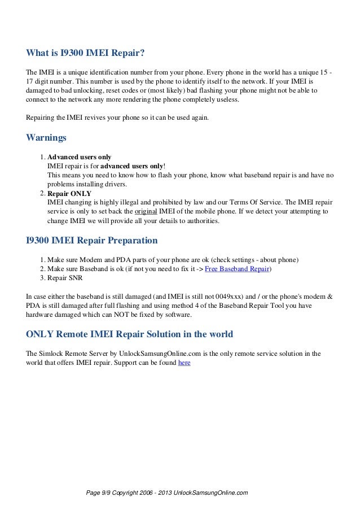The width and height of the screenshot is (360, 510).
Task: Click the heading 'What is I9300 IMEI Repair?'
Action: [86, 54]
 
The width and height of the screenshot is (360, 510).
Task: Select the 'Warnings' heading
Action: [47, 137]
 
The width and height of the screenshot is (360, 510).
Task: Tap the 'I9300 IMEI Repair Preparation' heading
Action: [92, 241]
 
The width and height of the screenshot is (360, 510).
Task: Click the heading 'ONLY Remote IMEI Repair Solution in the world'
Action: [129, 334]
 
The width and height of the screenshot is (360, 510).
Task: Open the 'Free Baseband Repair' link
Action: [237, 269]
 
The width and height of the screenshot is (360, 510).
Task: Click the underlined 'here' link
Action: [184, 363]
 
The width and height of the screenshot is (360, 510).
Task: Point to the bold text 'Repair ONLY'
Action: [69, 193]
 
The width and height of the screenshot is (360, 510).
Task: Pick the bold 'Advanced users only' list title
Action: [79, 157]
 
